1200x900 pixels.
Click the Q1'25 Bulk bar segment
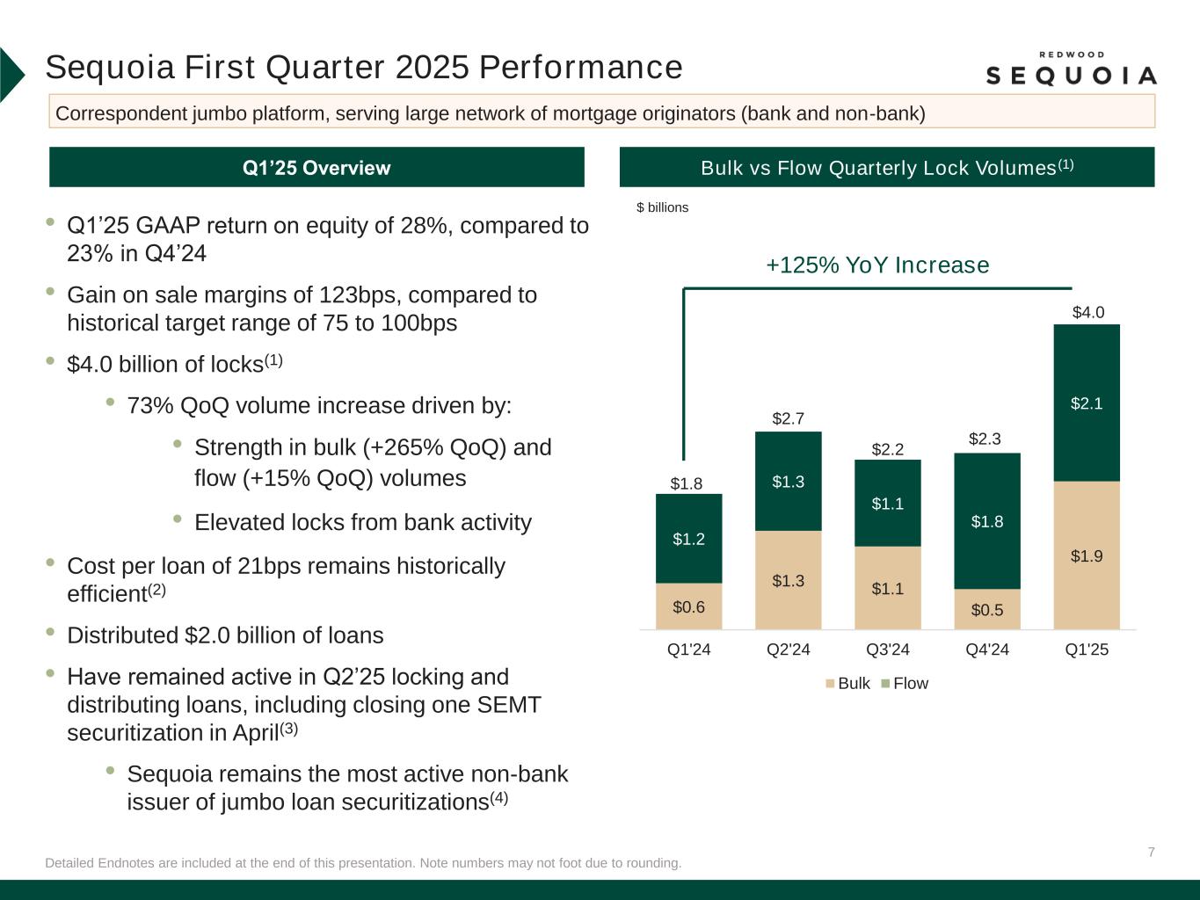(1087, 555)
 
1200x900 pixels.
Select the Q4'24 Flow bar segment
(987, 520)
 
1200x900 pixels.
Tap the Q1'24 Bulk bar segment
(688, 606)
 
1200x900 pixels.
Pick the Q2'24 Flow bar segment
(788, 481)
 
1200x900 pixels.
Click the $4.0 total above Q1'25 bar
(1088, 312)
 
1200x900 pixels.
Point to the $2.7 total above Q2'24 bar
(788, 418)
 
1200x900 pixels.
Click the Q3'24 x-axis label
(888, 650)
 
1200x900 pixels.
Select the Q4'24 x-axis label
(987, 650)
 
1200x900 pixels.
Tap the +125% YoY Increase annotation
(877, 265)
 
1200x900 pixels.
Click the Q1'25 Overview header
(316, 168)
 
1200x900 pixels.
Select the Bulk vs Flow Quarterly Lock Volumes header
(886, 168)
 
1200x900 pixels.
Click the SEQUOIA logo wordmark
(1071, 76)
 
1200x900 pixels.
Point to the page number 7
(1151, 852)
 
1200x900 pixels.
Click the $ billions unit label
(662, 207)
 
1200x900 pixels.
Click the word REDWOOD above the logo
(1071, 54)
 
